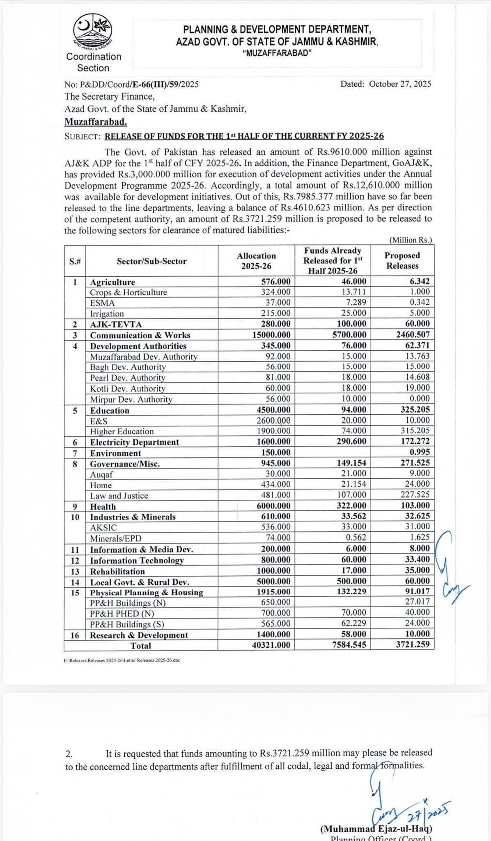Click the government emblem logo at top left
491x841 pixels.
93,31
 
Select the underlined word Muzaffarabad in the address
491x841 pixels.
96,122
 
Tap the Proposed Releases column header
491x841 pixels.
402,261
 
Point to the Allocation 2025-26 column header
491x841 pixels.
256,261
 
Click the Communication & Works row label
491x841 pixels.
140,335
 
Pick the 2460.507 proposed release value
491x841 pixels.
411,335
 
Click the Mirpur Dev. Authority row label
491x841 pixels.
131,399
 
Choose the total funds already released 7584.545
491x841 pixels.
349,645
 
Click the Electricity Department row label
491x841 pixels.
134,442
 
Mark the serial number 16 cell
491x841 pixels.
75,635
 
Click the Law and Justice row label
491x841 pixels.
119,496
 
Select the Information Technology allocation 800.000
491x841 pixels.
276,560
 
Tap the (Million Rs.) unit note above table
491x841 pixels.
410,240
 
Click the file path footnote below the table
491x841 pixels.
122,660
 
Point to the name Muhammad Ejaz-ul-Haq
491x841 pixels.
376,829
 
